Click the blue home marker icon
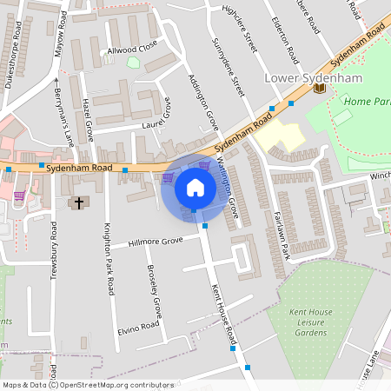click(x=195, y=187)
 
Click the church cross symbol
click(x=79, y=202)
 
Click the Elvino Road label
click(x=139, y=328)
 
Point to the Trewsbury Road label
click(x=54, y=249)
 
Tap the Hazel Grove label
click(x=88, y=120)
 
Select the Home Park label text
click(x=367, y=102)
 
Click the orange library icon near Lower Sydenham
click(x=320, y=88)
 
